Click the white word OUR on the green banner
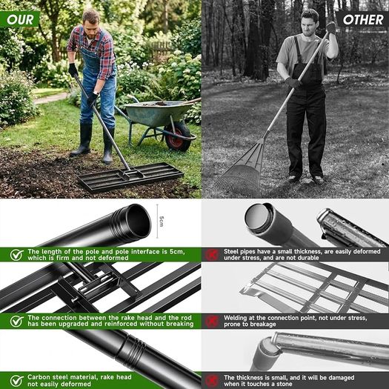[20, 19]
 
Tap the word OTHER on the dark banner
[363, 20]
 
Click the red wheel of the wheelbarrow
[178, 137]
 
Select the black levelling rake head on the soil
[130, 177]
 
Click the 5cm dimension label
[162, 221]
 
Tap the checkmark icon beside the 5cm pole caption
[17, 255]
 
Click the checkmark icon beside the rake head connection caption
[17, 321]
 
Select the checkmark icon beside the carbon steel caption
[17, 381]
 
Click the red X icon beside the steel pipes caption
[212, 255]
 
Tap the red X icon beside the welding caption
[212, 321]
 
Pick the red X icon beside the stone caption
[212, 381]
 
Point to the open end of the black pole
[138, 220]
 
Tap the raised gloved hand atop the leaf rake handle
[330, 27]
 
